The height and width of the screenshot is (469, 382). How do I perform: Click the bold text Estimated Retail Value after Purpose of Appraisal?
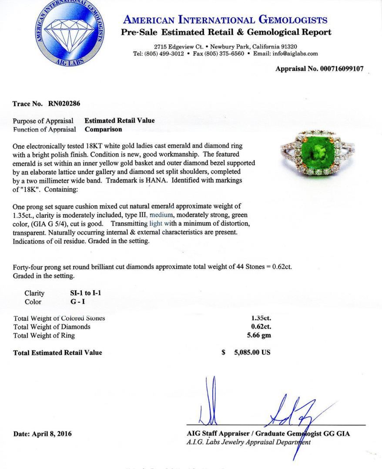119,121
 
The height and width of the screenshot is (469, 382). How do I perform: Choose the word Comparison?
103,129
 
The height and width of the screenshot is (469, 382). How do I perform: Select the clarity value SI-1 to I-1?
83,293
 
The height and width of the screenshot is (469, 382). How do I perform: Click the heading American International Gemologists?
225,20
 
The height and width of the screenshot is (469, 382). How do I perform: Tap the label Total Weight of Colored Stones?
59,318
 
